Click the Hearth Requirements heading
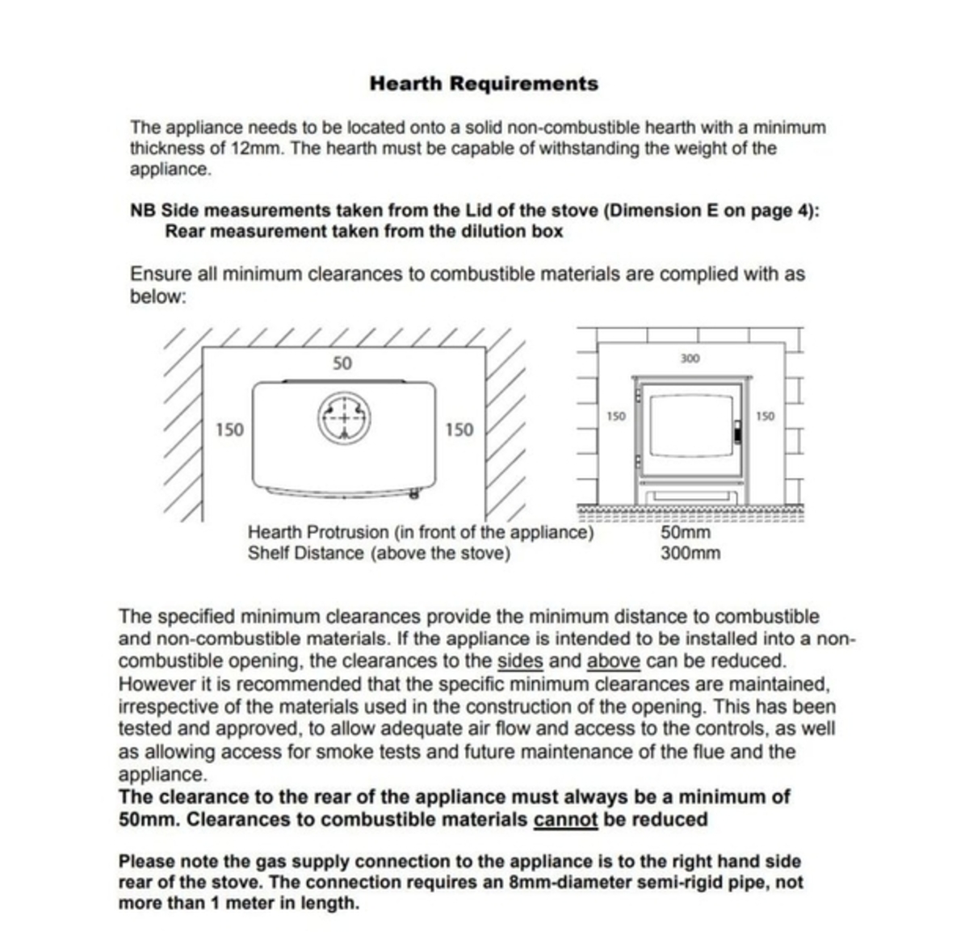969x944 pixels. (484, 83)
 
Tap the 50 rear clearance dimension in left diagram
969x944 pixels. (342, 363)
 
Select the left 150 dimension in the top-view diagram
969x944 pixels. (229, 430)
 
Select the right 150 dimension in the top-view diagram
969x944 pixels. (459, 430)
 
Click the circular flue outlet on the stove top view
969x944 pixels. (345, 418)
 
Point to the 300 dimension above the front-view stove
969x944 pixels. (690, 359)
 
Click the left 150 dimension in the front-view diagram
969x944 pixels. (616, 417)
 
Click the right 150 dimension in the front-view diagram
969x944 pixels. (765, 417)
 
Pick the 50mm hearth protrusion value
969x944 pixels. (686, 533)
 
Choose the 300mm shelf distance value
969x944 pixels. (690, 554)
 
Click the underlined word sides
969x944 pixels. (520, 661)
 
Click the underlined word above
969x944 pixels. (613, 661)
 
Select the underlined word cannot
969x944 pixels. (565, 820)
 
